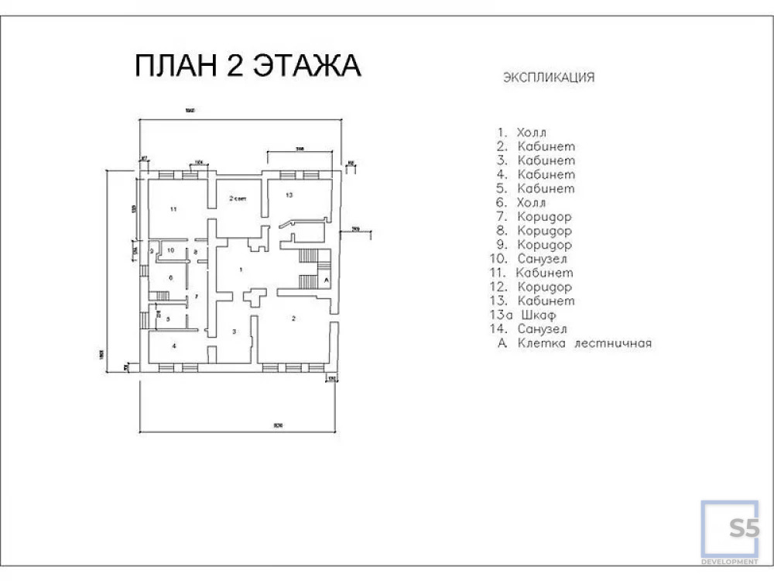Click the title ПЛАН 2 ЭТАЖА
(248, 67)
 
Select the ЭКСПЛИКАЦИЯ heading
(549, 77)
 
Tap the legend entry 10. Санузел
(533, 259)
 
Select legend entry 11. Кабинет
(533, 273)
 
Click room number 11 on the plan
(173, 209)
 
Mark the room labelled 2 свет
(237, 199)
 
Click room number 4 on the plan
(174, 346)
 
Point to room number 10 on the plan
(171, 251)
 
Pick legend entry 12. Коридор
(533, 287)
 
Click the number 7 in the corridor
(197, 297)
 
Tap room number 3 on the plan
(235, 331)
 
